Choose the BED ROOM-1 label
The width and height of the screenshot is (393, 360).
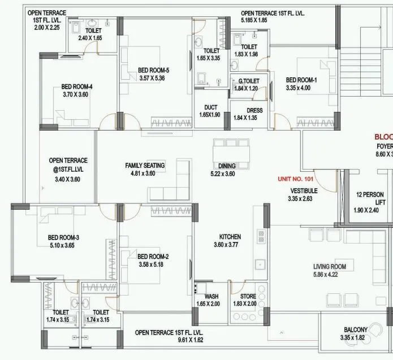pyautogui.click(x=301, y=80)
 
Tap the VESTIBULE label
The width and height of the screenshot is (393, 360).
pyautogui.click(x=303, y=191)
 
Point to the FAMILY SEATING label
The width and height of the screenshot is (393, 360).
pyautogui.click(x=145, y=166)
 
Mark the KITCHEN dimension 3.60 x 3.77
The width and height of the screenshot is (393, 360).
pyautogui.click(x=230, y=245)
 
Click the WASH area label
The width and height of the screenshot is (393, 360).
pyautogui.click(x=211, y=296)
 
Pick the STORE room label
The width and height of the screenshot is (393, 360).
pyautogui.click(x=248, y=296)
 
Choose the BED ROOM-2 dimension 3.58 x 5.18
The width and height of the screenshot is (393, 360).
pyautogui.click(x=154, y=264)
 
